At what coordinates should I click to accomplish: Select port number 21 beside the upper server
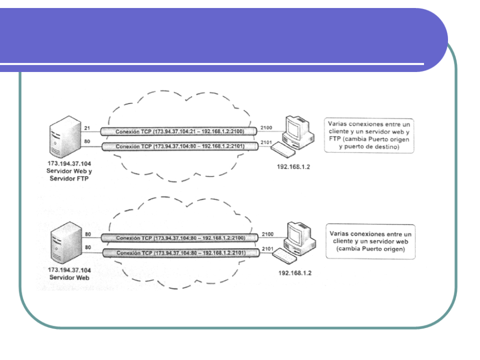coord(87,128)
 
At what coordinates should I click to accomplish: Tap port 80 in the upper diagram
coord(87,142)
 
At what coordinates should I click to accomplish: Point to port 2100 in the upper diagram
coord(266,128)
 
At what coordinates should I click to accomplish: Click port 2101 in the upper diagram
coord(266,142)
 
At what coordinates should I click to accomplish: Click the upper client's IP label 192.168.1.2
coord(293,167)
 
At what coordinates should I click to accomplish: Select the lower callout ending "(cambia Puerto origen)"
coord(370,242)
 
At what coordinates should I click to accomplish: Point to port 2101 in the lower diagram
coord(267,249)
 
